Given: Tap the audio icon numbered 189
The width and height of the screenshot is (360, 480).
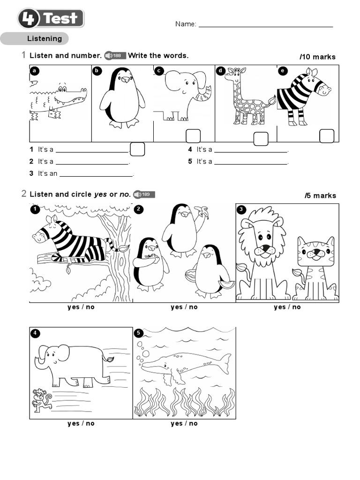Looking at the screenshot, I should click(x=144, y=195).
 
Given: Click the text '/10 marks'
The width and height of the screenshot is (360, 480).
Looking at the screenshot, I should click(x=318, y=57).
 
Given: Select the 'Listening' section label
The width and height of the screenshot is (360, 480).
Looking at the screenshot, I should click(x=45, y=39).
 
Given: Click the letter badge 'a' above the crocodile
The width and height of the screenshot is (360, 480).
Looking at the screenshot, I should click(x=34, y=71).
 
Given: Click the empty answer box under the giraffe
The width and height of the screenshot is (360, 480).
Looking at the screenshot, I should click(x=261, y=139).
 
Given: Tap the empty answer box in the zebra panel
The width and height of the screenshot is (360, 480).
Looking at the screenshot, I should click(x=327, y=136).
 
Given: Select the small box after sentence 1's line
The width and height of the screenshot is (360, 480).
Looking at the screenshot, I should click(x=137, y=150).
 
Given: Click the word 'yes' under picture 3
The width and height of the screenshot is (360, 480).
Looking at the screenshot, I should click(x=279, y=307).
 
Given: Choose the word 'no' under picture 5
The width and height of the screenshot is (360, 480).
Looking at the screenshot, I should click(x=193, y=423).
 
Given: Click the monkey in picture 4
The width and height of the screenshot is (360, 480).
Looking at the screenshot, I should click(x=41, y=399).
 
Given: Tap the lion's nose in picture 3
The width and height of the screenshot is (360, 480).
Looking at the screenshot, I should click(x=265, y=247).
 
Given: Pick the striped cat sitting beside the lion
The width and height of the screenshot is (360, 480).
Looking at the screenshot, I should click(x=315, y=270).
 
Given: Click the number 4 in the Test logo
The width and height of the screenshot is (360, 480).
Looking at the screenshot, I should click(x=30, y=19).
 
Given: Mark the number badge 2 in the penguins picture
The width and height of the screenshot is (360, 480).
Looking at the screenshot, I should click(x=138, y=210).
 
